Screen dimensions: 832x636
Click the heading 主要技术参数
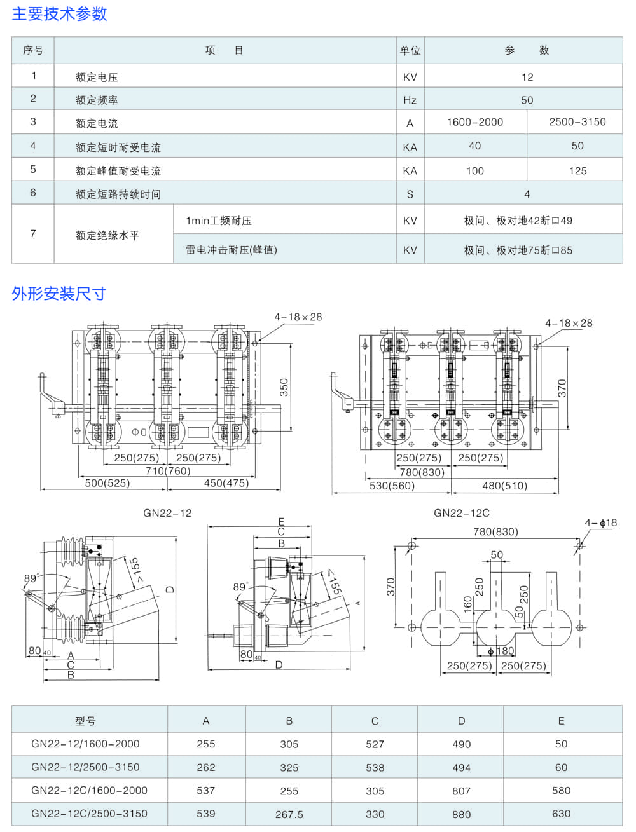59,14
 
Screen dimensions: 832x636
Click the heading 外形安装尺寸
59,294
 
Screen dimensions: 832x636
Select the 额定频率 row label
97,100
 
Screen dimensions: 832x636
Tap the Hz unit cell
410,100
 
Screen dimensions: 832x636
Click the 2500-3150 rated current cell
577,122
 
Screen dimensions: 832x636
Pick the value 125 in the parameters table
577,170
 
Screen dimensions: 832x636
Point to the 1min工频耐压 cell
219,221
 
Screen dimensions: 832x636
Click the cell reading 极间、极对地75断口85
518,250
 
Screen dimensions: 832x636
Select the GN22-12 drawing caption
167,513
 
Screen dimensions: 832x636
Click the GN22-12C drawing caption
462,513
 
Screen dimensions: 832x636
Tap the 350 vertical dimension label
284,387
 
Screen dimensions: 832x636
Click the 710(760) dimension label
168,470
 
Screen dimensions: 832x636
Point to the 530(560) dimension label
392,486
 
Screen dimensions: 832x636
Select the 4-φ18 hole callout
600,523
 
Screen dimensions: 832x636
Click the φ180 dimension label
501,651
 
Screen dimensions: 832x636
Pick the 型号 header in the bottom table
85,721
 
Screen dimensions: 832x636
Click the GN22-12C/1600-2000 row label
89,791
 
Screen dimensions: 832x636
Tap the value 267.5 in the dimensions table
289,814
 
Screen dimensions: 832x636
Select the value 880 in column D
461,814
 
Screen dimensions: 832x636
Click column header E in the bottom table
561,721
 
